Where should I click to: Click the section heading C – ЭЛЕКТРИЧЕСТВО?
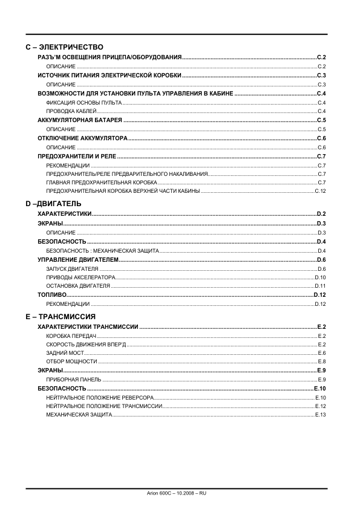(65, 47)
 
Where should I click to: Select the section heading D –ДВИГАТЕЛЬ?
(53, 204)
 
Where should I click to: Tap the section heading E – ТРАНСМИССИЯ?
(61, 316)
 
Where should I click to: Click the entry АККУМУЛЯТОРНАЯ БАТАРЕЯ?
(79, 121)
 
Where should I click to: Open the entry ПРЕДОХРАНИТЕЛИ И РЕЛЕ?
(77, 157)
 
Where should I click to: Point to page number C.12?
(320, 191)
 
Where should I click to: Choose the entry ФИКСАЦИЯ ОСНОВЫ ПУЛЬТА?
(75, 103)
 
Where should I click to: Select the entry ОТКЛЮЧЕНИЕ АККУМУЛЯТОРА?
(82, 138)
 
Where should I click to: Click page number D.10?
(321, 277)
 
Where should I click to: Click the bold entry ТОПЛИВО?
(52, 294)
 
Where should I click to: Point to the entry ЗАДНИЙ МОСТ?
(65, 352)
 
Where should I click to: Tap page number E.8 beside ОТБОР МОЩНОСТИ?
(322, 361)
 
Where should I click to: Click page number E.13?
(321, 415)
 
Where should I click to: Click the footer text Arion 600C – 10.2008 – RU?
(180, 493)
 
